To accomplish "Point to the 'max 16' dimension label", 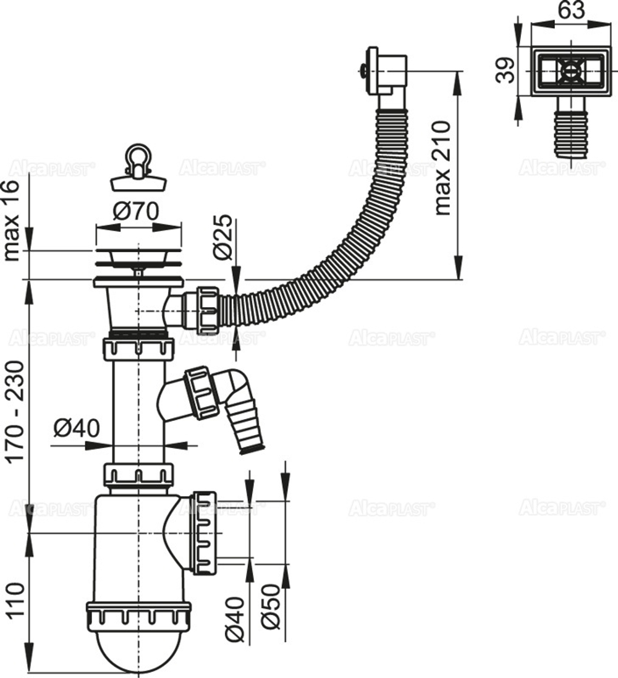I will (14, 221).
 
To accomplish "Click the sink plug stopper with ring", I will (138, 168).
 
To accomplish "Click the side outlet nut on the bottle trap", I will (204, 532).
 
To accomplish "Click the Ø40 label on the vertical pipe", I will (76, 428).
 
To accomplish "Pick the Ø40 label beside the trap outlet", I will (235, 612).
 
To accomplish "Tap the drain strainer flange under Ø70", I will (138, 260).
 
